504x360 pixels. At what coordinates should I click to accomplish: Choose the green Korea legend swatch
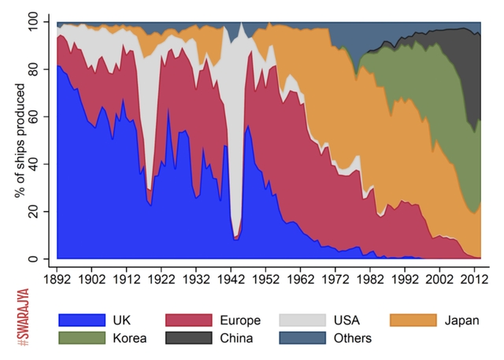[81, 338]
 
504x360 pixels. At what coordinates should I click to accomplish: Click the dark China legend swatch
[188, 338]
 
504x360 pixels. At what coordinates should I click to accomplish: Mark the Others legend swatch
[302, 338]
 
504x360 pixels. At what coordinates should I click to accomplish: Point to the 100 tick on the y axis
[39, 23]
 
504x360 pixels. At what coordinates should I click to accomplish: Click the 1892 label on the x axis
[57, 278]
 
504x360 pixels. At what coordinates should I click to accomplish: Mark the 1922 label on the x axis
[163, 278]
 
